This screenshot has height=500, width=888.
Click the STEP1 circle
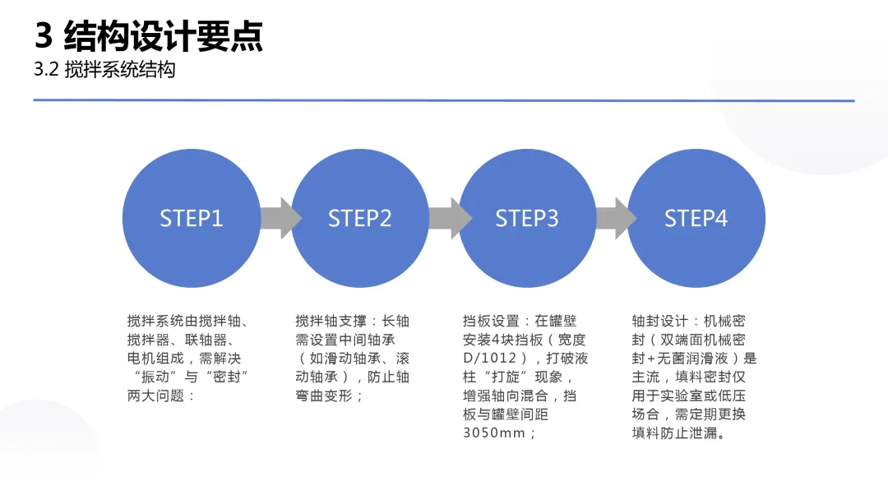pos(191,218)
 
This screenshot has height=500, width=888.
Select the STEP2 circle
pos(359,218)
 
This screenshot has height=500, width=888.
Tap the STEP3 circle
pos(527,218)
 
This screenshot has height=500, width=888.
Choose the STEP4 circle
pos(696,218)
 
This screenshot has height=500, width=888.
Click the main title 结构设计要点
pos(164,36)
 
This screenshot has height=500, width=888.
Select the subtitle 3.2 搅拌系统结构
pos(104,70)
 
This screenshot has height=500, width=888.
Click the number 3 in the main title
pos(44,36)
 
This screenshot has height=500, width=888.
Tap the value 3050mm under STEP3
pos(494,433)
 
